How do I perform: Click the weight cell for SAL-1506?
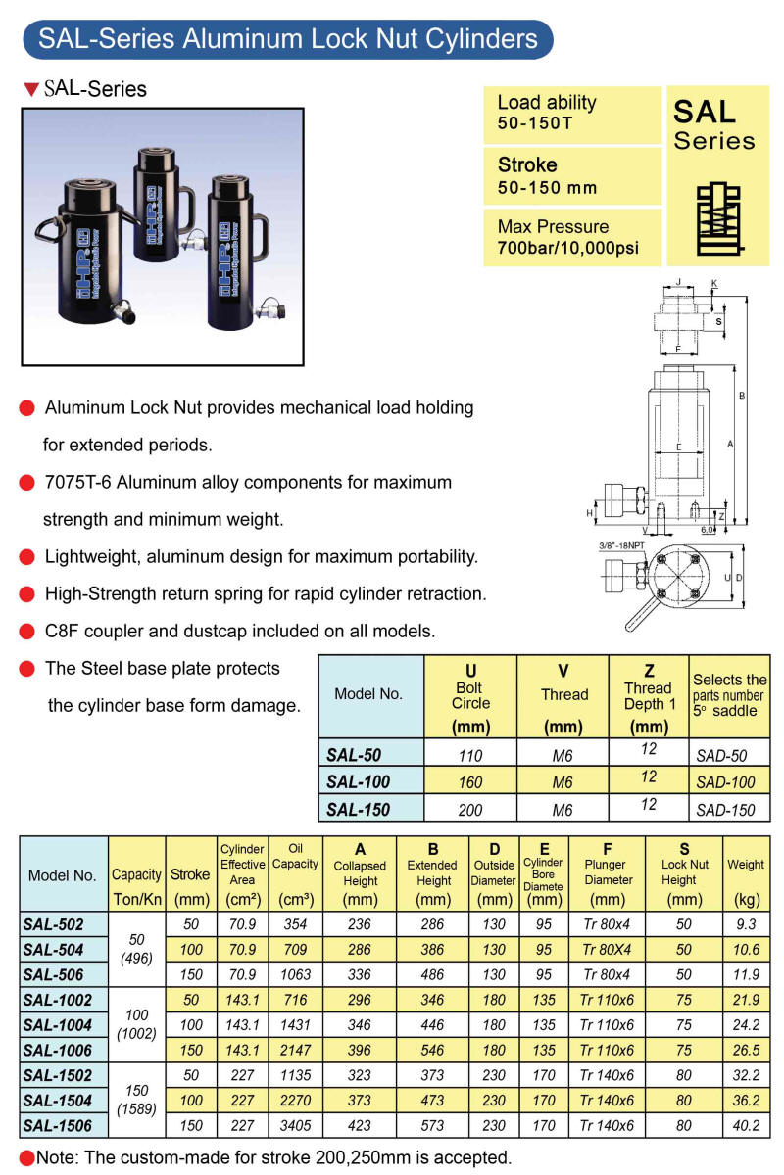(x=746, y=1126)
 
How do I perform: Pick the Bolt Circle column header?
(x=470, y=697)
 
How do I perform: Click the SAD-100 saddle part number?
(x=726, y=781)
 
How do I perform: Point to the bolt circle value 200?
(x=470, y=809)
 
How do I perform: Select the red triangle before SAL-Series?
(x=30, y=90)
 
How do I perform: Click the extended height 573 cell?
(x=433, y=1126)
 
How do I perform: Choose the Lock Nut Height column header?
(x=685, y=872)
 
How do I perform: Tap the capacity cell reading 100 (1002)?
(x=136, y=1024)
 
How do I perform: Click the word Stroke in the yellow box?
(x=527, y=164)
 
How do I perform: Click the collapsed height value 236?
(x=361, y=923)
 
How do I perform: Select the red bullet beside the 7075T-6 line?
(x=27, y=483)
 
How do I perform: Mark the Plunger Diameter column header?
(x=608, y=872)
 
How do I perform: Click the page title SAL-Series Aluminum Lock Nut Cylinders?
(x=287, y=39)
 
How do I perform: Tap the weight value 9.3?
(x=746, y=923)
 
